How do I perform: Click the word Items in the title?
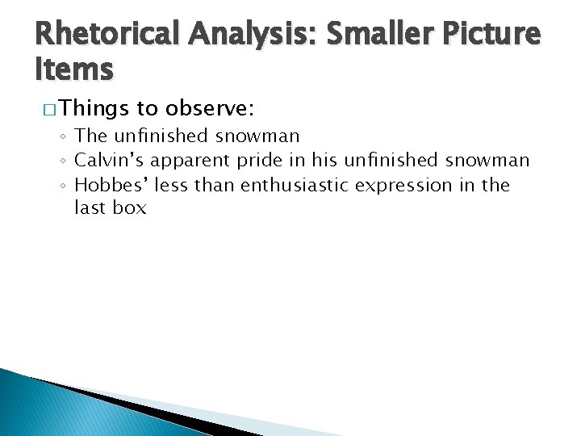click(x=73, y=69)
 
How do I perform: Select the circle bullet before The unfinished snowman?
click(x=66, y=137)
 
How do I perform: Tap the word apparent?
click(x=191, y=161)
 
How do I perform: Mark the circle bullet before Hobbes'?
click(x=66, y=186)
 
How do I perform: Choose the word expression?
click(x=413, y=185)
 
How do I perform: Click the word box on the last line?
click(x=130, y=208)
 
